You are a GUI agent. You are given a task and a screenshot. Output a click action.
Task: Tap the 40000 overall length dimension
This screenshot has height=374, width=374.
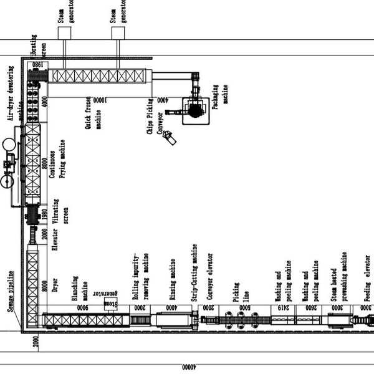(x=185, y=367)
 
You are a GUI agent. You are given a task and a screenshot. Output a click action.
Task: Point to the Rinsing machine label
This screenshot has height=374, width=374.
(x=172, y=284)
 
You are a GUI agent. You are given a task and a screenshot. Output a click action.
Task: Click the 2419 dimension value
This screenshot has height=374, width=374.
(x=284, y=307)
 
